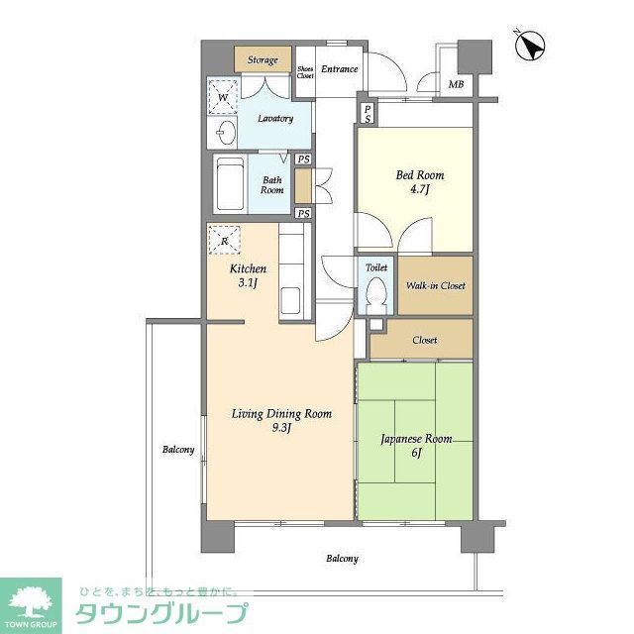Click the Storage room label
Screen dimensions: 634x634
[x=263, y=60]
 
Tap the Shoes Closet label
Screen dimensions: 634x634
[x=306, y=72]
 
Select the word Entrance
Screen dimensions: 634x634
[x=338, y=69]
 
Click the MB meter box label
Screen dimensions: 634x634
[x=456, y=84]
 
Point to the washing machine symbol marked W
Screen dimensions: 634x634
[x=224, y=96]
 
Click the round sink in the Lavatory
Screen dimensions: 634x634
[x=224, y=134]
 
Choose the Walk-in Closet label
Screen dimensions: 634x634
[x=436, y=286]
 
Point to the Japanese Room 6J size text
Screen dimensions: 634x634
[x=416, y=453]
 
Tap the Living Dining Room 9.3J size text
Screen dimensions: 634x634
[x=281, y=428]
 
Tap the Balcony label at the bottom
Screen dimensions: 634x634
[x=342, y=560]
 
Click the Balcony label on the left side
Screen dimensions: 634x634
[x=178, y=451]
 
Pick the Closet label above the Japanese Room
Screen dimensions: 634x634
[x=424, y=340]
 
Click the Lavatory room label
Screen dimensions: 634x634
[x=275, y=119]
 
